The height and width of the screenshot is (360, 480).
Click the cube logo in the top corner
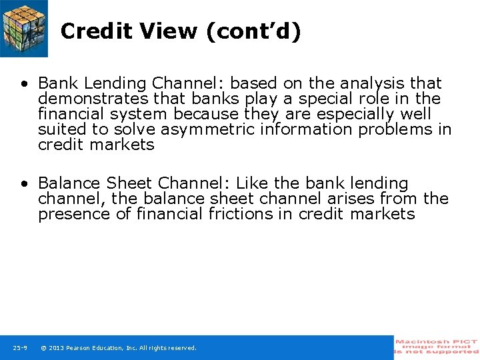pyautogui.click(x=24, y=28)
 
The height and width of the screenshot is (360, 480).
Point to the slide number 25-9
pyautogui.click(x=20, y=348)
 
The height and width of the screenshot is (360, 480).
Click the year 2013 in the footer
pyautogui.click(x=57, y=348)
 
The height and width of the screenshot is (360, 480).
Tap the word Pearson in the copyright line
pyautogui.click(x=82, y=348)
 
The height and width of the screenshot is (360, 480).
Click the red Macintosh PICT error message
pyautogui.click(x=437, y=347)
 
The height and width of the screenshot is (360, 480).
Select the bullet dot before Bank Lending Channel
pyautogui.click(x=24, y=84)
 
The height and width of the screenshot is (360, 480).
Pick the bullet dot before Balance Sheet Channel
pyautogui.click(x=24, y=184)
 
